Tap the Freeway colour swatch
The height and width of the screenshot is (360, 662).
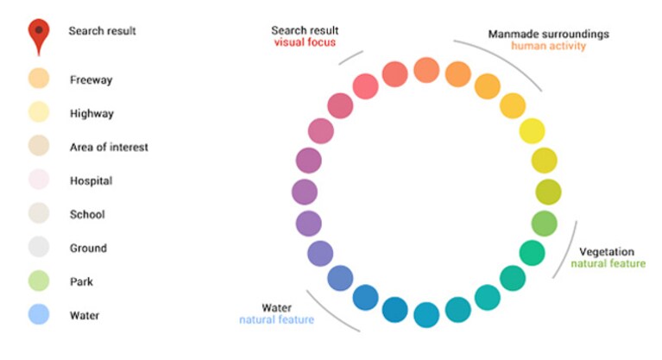pos(39,79)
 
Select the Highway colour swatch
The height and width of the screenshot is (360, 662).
pos(39,112)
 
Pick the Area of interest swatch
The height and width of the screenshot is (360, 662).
pos(39,145)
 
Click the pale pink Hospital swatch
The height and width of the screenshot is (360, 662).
pos(39,180)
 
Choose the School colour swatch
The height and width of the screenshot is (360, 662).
pos(39,213)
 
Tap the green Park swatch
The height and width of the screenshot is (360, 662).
pos(39,281)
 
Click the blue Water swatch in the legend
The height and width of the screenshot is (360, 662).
pos(39,314)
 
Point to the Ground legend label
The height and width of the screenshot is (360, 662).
pos(88,248)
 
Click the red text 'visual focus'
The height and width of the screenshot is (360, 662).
pos(305,42)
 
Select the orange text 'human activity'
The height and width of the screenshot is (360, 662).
pos(548,46)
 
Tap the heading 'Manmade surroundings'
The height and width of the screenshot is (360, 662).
pos(548,34)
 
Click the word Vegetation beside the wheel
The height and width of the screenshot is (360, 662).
pos(607,252)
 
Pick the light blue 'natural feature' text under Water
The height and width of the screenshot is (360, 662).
pos(276,319)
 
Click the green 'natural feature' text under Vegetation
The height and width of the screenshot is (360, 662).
pos(608,263)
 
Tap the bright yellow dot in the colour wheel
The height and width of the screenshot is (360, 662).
pos(532,131)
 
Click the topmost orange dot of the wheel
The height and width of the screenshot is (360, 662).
pos(426,70)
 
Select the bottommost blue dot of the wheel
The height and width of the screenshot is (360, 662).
pos(426,315)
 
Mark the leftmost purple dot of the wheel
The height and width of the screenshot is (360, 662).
pos(305,192)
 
